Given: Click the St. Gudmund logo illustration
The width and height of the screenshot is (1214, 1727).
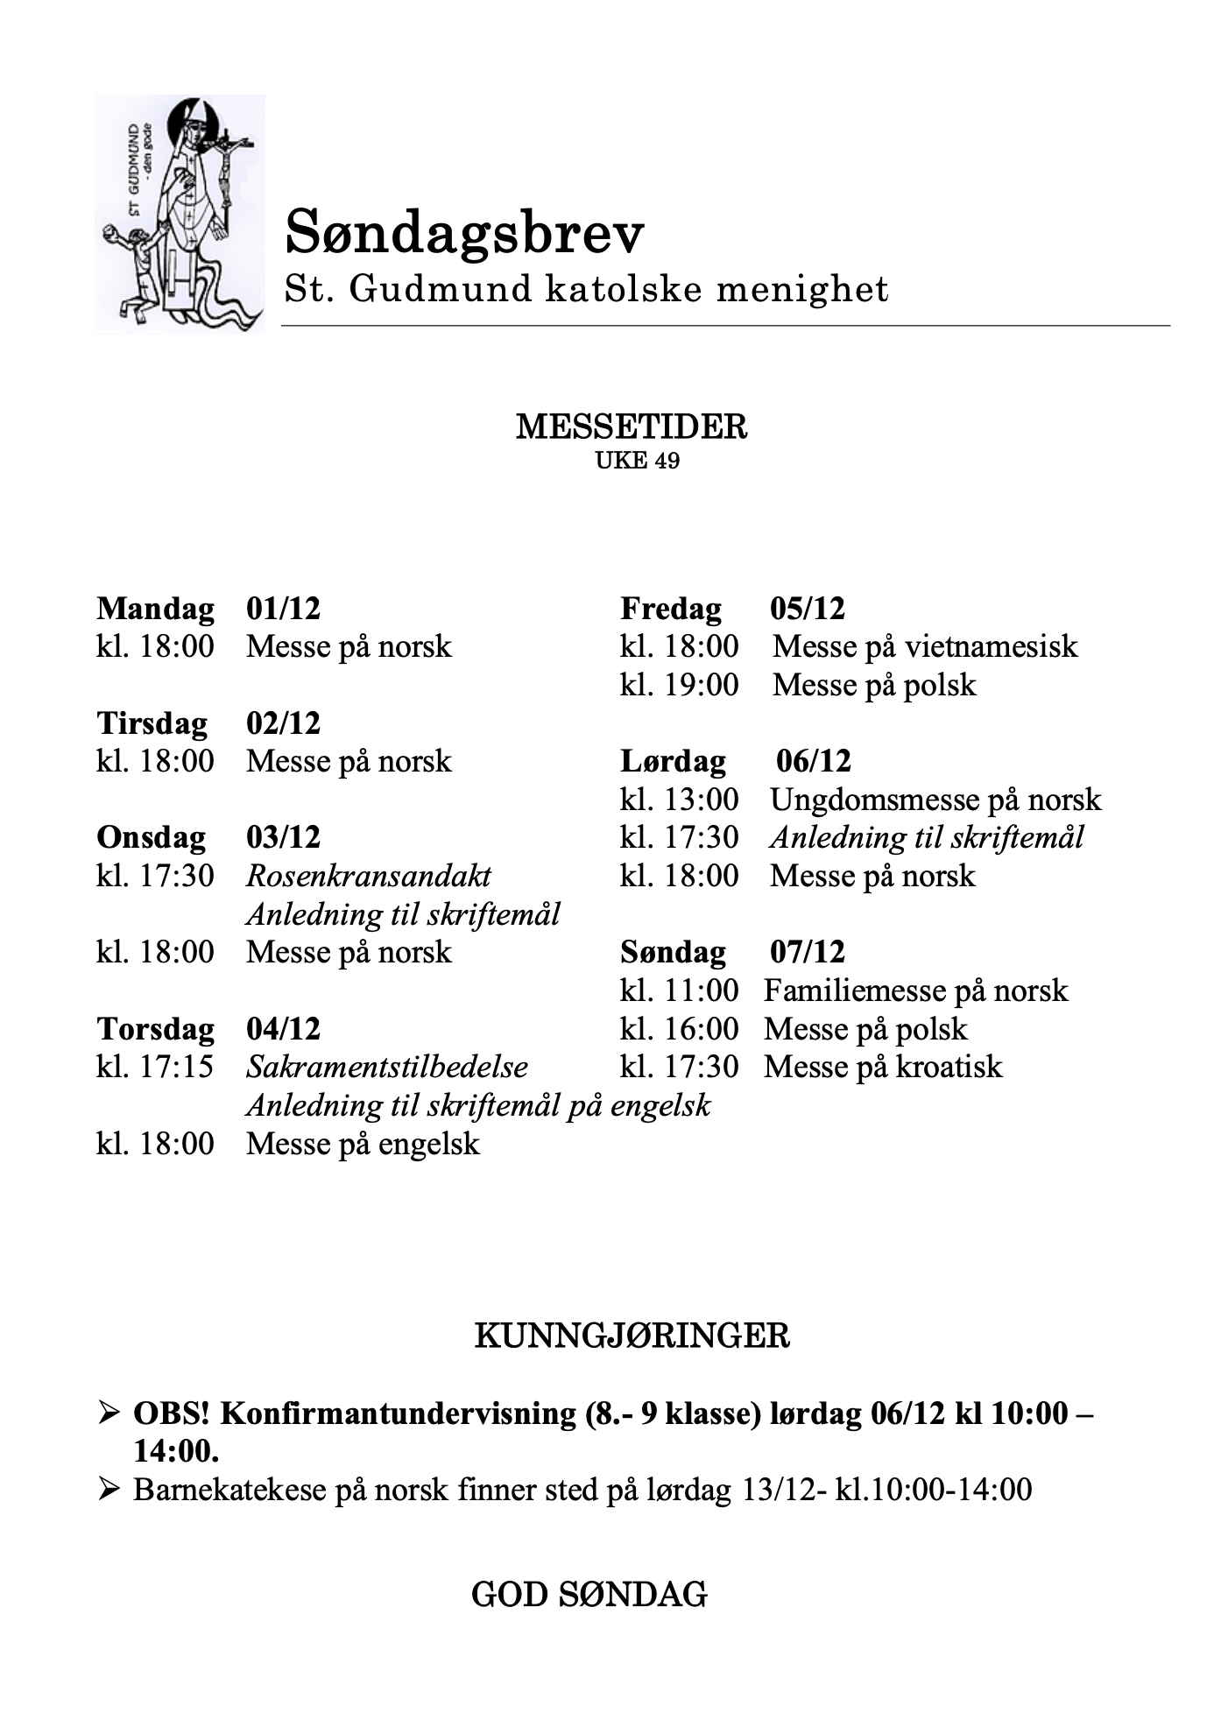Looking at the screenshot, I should click(x=180, y=214).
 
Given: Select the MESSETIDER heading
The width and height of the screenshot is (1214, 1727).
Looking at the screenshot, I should click(x=632, y=426).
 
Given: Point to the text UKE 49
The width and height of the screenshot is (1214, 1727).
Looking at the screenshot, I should click(x=637, y=461).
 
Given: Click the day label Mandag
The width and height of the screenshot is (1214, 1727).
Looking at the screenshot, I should click(x=155, y=608).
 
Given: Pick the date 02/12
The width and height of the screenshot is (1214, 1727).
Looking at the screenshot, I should click(x=283, y=723).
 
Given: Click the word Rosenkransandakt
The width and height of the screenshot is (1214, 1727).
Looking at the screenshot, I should click(x=368, y=876).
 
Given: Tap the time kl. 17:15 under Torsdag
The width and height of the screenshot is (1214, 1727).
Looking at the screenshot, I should click(x=155, y=1067).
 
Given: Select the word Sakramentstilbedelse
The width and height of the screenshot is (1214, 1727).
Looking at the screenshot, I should click(x=387, y=1067).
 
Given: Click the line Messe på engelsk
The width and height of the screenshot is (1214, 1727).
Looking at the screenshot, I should click(x=363, y=1144).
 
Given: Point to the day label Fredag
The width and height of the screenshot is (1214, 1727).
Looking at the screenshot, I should click(x=671, y=608).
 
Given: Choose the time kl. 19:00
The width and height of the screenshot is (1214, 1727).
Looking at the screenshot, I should click(x=679, y=684).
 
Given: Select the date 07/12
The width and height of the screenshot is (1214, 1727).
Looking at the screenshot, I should click(x=808, y=952).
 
